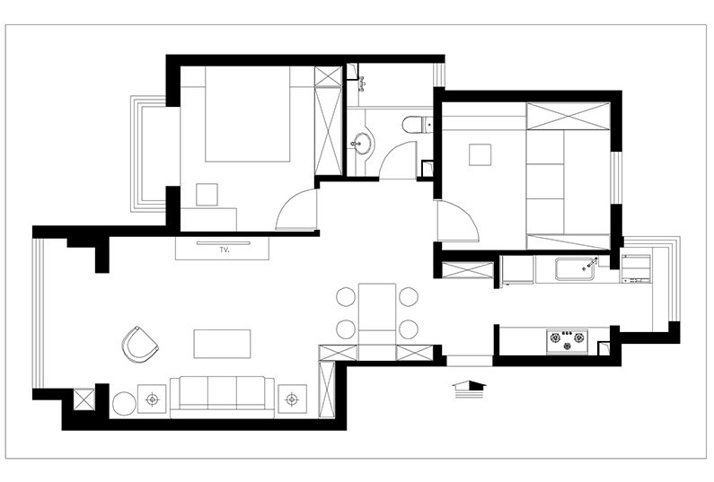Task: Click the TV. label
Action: click(225, 250)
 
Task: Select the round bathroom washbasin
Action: click(362, 144)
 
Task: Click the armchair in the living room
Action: click(139, 345)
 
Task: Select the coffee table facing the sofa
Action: click(222, 344)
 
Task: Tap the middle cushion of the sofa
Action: click(222, 391)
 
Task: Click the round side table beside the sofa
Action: click(124, 404)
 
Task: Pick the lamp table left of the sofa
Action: click(152, 399)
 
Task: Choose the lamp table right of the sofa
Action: click(292, 399)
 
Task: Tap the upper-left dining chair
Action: click(346, 297)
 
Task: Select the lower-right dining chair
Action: click(409, 329)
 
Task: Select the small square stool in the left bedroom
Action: click(207, 195)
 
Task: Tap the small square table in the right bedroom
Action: click(480, 154)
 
